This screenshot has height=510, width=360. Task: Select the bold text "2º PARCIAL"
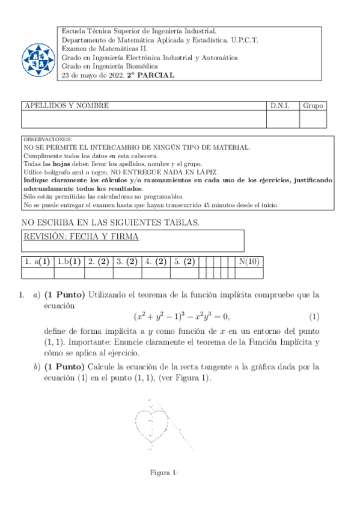[x=150, y=76]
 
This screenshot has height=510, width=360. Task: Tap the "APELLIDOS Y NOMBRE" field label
[x=66, y=105]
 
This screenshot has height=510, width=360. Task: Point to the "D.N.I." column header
[x=279, y=105]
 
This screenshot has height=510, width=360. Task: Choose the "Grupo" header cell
[x=313, y=105]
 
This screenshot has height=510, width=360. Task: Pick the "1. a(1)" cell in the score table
[x=37, y=262]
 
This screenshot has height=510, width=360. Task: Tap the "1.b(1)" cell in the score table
[x=69, y=262]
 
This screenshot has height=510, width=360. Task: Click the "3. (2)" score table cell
[x=127, y=262]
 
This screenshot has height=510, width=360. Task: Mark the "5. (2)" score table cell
[x=184, y=262]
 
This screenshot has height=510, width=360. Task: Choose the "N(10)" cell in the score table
[x=249, y=262]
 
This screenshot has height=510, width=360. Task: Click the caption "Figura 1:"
[x=163, y=473]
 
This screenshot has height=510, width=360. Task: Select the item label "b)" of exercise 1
[x=37, y=366]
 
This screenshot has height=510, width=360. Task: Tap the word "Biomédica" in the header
[x=141, y=67]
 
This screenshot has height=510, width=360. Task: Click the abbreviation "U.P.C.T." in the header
[x=242, y=40]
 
